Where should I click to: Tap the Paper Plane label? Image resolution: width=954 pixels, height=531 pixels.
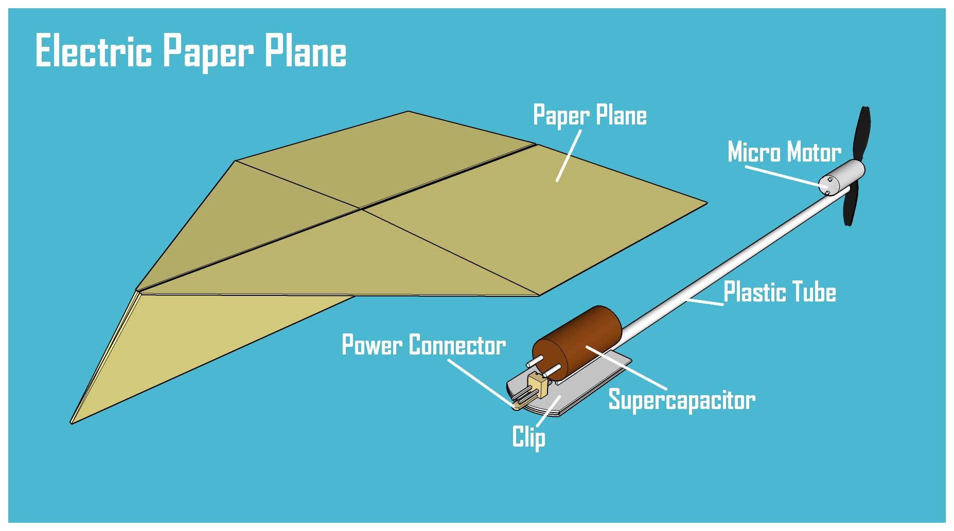click(589, 115)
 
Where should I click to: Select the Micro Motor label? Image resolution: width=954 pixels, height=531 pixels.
click(784, 152)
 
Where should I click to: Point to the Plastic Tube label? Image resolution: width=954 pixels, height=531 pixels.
click(779, 292)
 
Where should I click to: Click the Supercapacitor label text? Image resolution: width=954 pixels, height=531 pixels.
click(681, 400)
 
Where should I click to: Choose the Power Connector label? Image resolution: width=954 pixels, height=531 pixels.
click(423, 345)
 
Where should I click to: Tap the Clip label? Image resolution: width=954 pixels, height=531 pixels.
click(528, 437)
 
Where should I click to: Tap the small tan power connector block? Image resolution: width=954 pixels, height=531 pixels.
click(538, 383)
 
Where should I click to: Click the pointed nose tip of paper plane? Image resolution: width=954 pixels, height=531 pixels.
click(73, 422)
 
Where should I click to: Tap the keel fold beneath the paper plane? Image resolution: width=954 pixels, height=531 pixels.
click(206, 334)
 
